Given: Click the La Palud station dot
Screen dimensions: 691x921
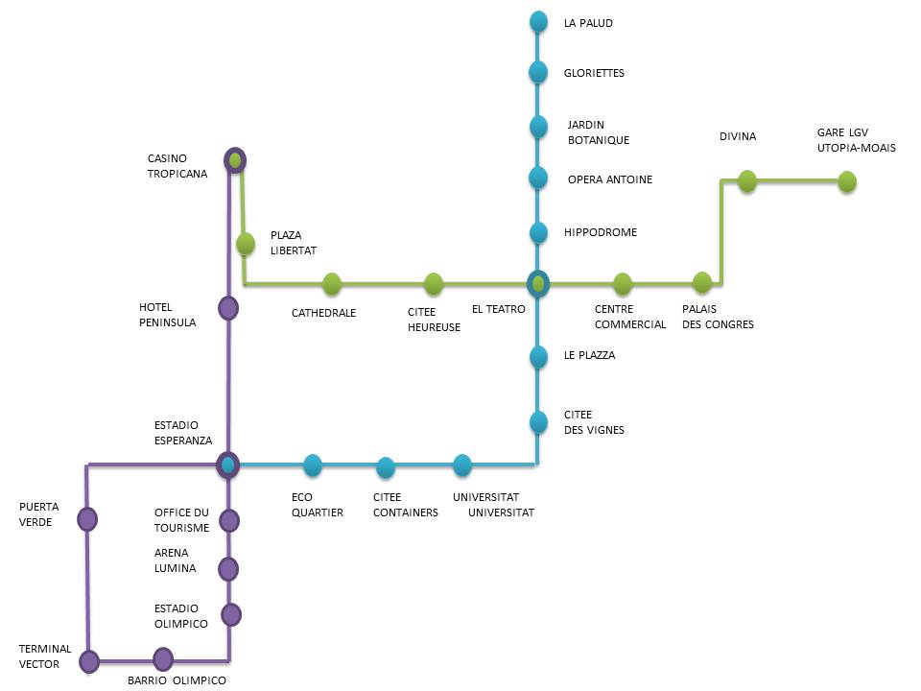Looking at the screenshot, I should [538, 21].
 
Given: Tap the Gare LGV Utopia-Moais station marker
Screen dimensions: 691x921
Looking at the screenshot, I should [846, 181].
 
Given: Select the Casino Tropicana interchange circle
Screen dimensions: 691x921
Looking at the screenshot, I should [234, 160].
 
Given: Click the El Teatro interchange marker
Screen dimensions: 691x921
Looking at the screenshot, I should [538, 283].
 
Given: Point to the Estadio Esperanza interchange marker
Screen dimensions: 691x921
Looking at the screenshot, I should [227, 465].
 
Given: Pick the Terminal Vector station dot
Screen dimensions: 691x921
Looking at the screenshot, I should [89, 661].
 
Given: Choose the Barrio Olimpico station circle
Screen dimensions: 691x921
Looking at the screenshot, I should [163, 659].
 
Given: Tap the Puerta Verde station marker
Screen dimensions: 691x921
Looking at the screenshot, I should [87, 519].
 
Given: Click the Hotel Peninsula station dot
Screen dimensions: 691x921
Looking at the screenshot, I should [228, 308].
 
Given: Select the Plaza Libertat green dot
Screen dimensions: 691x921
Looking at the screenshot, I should [246, 244].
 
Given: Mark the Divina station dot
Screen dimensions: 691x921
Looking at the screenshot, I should [747, 180].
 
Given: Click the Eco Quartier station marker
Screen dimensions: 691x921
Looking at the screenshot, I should [313, 465].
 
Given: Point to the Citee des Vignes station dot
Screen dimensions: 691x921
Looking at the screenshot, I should [538, 421].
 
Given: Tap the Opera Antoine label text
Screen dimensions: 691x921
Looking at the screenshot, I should [609, 179].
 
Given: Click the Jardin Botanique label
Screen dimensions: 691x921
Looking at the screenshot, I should [599, 132].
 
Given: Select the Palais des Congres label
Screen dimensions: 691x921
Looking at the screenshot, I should [718, 317].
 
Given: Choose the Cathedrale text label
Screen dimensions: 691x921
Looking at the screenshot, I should [323, 313].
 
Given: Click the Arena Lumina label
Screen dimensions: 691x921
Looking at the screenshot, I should [175, 560].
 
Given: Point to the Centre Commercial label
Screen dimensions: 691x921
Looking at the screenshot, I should [629, 317].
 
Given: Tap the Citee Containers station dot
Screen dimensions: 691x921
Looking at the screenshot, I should [386, 467].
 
